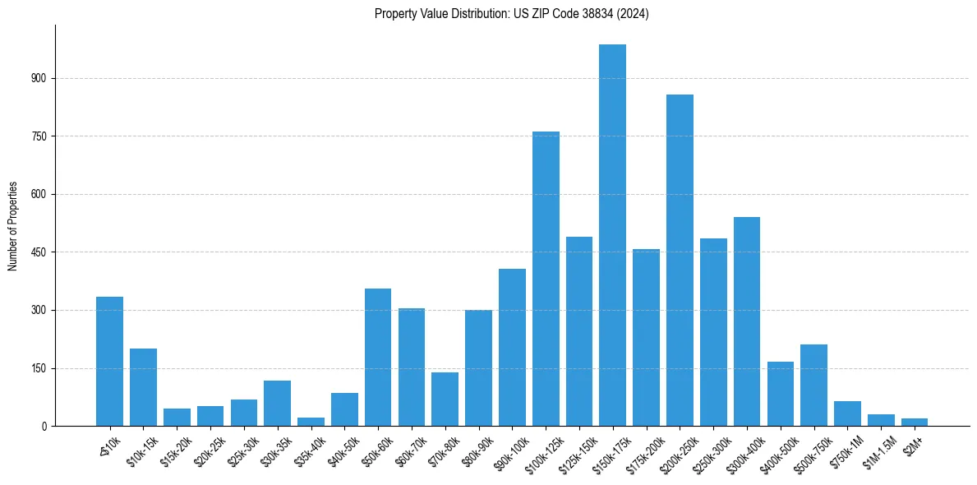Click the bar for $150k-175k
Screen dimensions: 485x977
pos(612,235)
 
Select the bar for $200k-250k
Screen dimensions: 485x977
pos(680,260)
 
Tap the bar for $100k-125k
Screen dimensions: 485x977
pos(546,279)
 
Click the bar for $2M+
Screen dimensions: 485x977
pos(915,422)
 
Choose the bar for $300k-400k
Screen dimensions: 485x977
pos(747,321)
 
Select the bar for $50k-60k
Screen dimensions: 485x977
pos(378,357)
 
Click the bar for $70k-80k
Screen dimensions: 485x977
pos(445,399)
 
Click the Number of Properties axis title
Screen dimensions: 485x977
pos(12,226)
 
